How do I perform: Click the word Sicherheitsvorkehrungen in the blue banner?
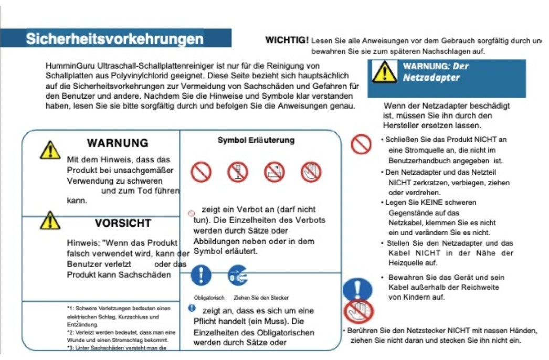pos(115,39)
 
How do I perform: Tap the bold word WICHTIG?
pos(287,40)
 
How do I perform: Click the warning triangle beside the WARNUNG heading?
pos(50,150)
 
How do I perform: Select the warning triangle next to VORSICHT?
pos(50,220)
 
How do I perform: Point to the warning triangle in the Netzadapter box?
pos(385,72)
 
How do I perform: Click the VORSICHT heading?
pos(123,223)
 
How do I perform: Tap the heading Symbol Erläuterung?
pos(256,140)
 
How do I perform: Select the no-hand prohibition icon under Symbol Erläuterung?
pos(311,172)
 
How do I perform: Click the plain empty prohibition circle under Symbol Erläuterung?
pos(200,172)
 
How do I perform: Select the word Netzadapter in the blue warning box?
pos(424,78)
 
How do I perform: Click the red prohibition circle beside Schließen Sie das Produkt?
pos(361,144)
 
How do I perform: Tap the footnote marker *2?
pos(71,332)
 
